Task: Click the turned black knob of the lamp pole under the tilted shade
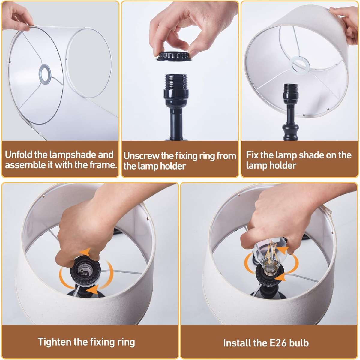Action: pyautogui.click(x=290, y=131)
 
